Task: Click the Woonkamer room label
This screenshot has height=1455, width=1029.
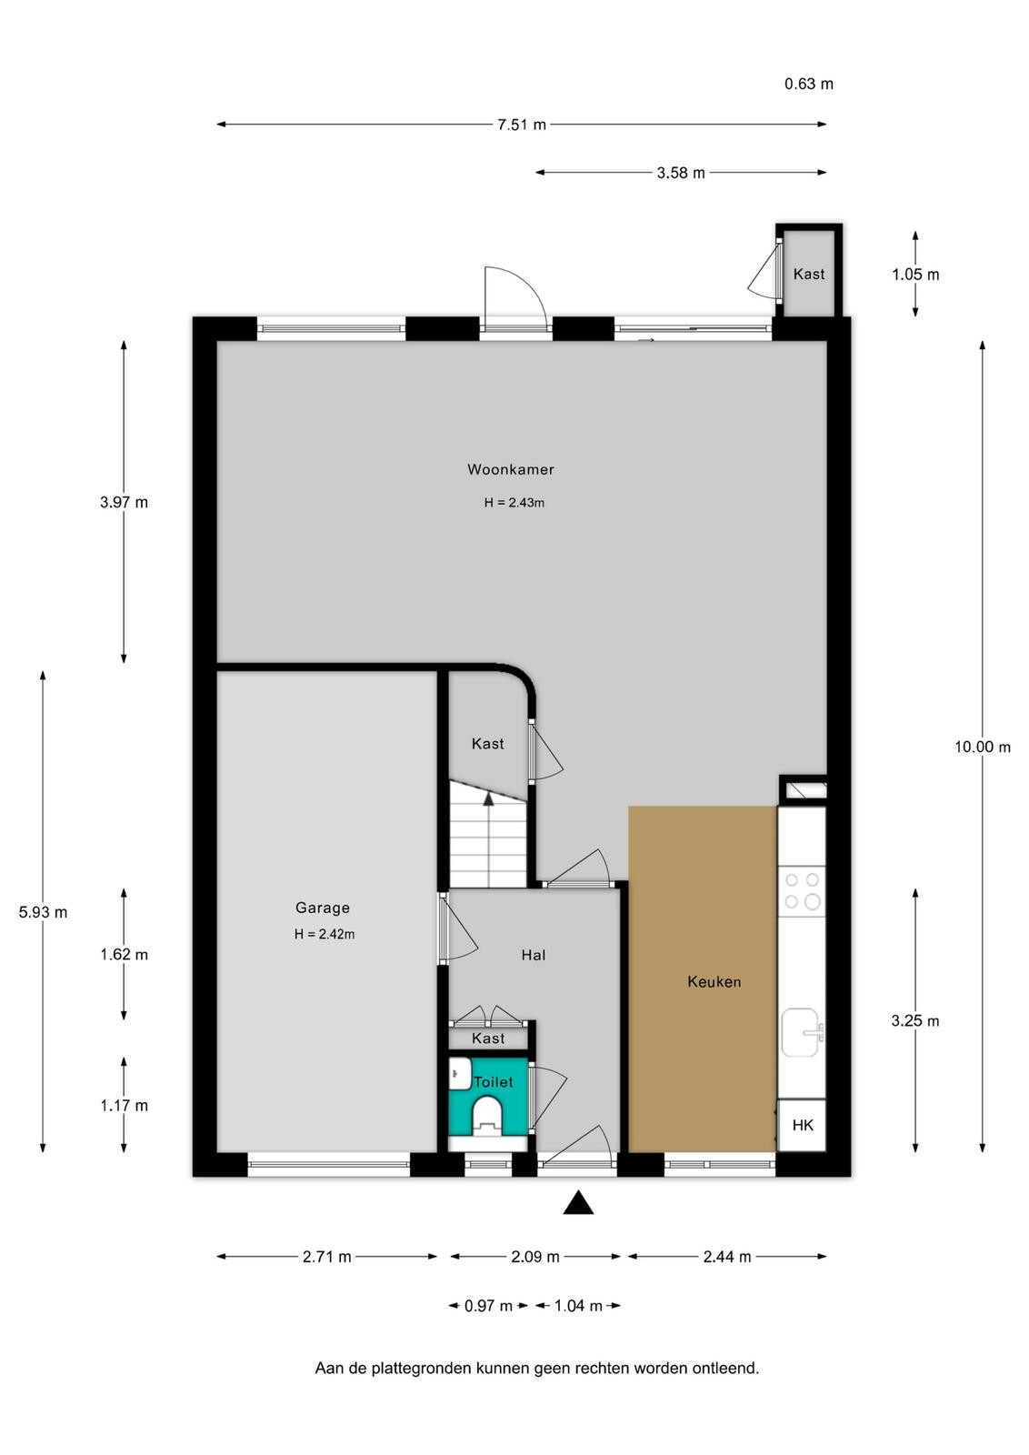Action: coord(510,469)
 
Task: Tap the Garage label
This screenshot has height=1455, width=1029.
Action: coord(322,908)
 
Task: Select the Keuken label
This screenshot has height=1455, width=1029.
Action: coord(714,982)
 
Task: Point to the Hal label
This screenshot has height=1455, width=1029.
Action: coord(533,955)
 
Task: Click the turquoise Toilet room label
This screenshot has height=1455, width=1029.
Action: coord(494,1082)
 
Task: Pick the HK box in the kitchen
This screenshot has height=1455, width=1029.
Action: coord(802,1125)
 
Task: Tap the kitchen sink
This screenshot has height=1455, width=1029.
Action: coord(803,1032)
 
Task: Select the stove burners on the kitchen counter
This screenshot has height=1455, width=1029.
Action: coord(803,891)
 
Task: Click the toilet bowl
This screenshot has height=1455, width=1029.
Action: coord(487,1116)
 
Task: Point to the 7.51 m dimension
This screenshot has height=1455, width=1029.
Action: coord(521,125)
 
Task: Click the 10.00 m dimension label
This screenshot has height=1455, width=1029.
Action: coord(983,747)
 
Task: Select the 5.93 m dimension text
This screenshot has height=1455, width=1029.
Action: coord(43,912)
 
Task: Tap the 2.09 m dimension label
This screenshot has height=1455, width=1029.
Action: coord(534,1257)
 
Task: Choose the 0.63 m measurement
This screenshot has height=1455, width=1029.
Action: coord(809,84)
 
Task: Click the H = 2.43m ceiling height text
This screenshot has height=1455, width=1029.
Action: coord(514,503)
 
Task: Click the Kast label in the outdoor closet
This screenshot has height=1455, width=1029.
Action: coord(809,274)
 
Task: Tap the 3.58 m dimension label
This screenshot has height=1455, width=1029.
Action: coord(680,173)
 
